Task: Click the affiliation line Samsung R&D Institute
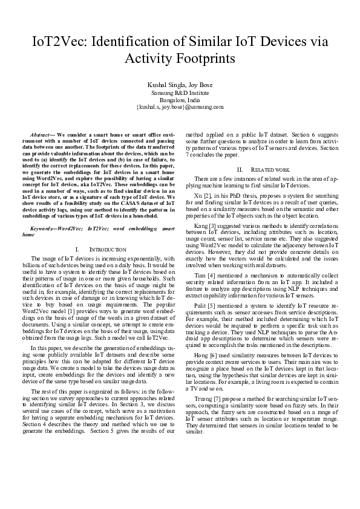pyautogui.click(x=180, y=92)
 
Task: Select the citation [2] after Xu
pyautogui.click(x=206, y=195)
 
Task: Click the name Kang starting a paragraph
pyautogui.click(x=201, y=223)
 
